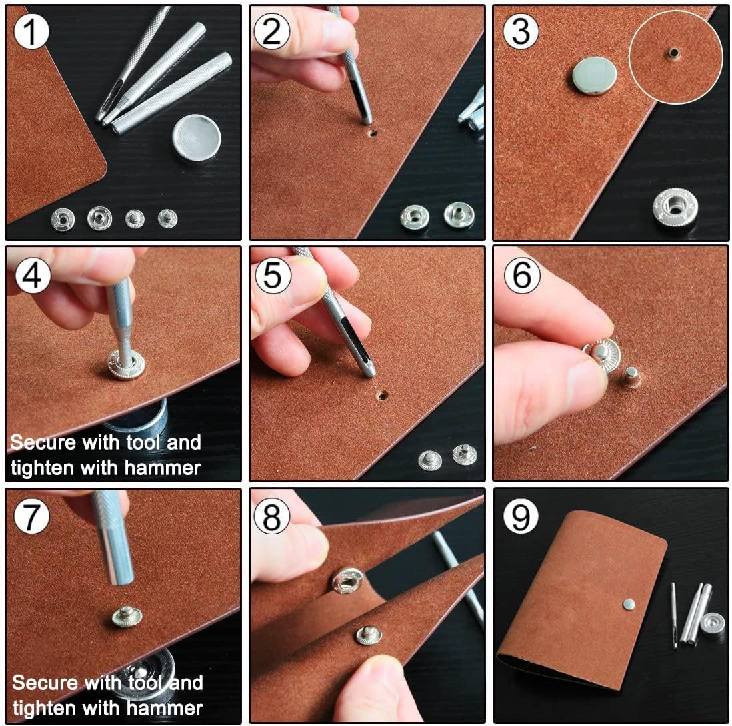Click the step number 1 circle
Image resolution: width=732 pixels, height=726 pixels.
point(31,31)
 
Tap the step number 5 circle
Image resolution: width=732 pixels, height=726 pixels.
point(273,275)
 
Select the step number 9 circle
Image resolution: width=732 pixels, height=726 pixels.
point(521,516)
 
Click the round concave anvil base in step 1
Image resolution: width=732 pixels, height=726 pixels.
point(196,138)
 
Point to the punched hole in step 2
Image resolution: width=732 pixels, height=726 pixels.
point(372,133)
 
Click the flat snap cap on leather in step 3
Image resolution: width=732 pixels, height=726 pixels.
point(594,75)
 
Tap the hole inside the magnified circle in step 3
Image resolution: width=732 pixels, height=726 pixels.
point(673,53)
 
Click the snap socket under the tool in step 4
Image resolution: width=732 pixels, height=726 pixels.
point(126,364)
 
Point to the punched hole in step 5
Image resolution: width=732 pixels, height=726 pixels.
point(383,396)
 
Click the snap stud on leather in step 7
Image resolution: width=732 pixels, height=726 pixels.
point(127,616)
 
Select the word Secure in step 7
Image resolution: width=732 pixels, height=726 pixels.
point(45,683)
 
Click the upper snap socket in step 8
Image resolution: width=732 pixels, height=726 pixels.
point(348,581)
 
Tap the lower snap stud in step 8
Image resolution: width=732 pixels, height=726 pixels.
point(369,635)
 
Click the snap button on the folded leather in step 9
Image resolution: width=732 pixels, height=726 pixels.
point(629,605)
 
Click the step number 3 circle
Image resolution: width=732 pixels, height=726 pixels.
point(521,31)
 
